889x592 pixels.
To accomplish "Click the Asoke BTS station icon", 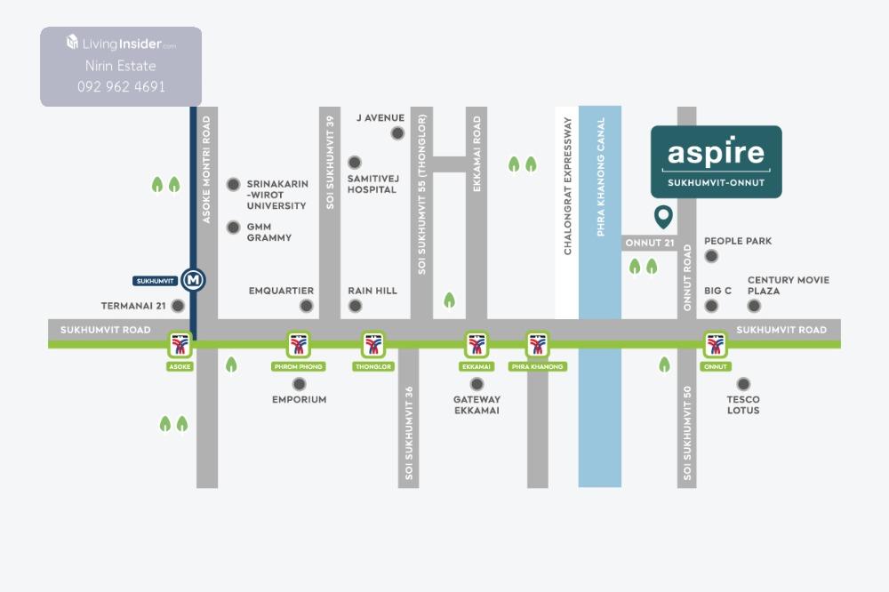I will click(x=180, y=344).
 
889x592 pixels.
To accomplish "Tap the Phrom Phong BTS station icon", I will click(x=299, y=344).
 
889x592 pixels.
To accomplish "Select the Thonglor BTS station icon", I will click(x=373, y=344).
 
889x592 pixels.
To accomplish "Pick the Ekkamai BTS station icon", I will click(x=477, y=344).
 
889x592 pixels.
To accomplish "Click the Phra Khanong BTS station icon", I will click(x=537, y=344).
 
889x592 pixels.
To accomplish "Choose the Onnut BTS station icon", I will click(x=716, y=344).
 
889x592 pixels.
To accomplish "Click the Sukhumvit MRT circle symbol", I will click(x=193, y=280).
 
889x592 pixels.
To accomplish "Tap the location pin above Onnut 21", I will click(x=662, y=216).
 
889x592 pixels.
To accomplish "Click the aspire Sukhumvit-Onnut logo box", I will click(x=716, y=161).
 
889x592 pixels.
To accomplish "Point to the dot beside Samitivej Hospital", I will click(x=355, y=163).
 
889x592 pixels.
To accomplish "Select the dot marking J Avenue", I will click(x=397, y=133).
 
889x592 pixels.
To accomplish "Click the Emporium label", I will click(x=299, y=400).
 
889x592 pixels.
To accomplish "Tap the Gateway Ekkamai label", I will click(x=477, y=404).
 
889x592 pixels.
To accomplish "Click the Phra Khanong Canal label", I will click(x=601, y=176).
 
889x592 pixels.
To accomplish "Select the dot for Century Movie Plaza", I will click(x=754, y=306).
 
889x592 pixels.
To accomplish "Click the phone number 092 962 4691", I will click(x=121, y=87).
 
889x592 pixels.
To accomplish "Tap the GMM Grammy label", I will click(x=268, y=232).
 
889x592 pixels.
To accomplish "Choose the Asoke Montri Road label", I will click(x=206, y=169).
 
